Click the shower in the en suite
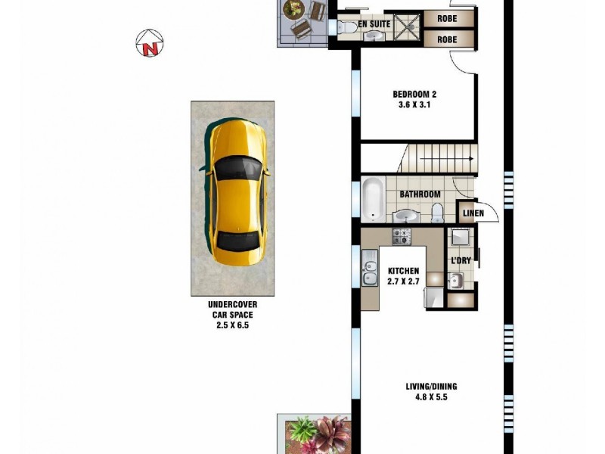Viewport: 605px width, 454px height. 408,26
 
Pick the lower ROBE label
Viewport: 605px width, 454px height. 448,39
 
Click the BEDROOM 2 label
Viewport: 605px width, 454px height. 414,95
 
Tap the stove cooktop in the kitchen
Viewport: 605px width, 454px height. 401,238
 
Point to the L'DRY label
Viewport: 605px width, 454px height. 461,261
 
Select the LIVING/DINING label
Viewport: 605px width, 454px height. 430,386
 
